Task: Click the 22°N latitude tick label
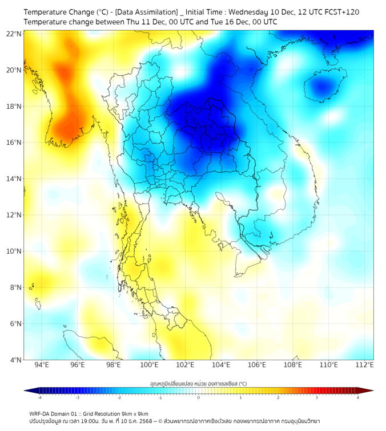coord(14,34)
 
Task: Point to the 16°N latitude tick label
coord(14,143)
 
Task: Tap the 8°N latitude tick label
coord(15,287)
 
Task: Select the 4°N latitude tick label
coord(15,360)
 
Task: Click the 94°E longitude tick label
coord(42,365)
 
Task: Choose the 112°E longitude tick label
coord(365,365)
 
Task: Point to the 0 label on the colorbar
coord(199,397)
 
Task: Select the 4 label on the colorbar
coord(357,397)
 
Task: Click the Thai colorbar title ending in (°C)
coord(198,384)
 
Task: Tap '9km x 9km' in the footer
coord(135,413)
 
